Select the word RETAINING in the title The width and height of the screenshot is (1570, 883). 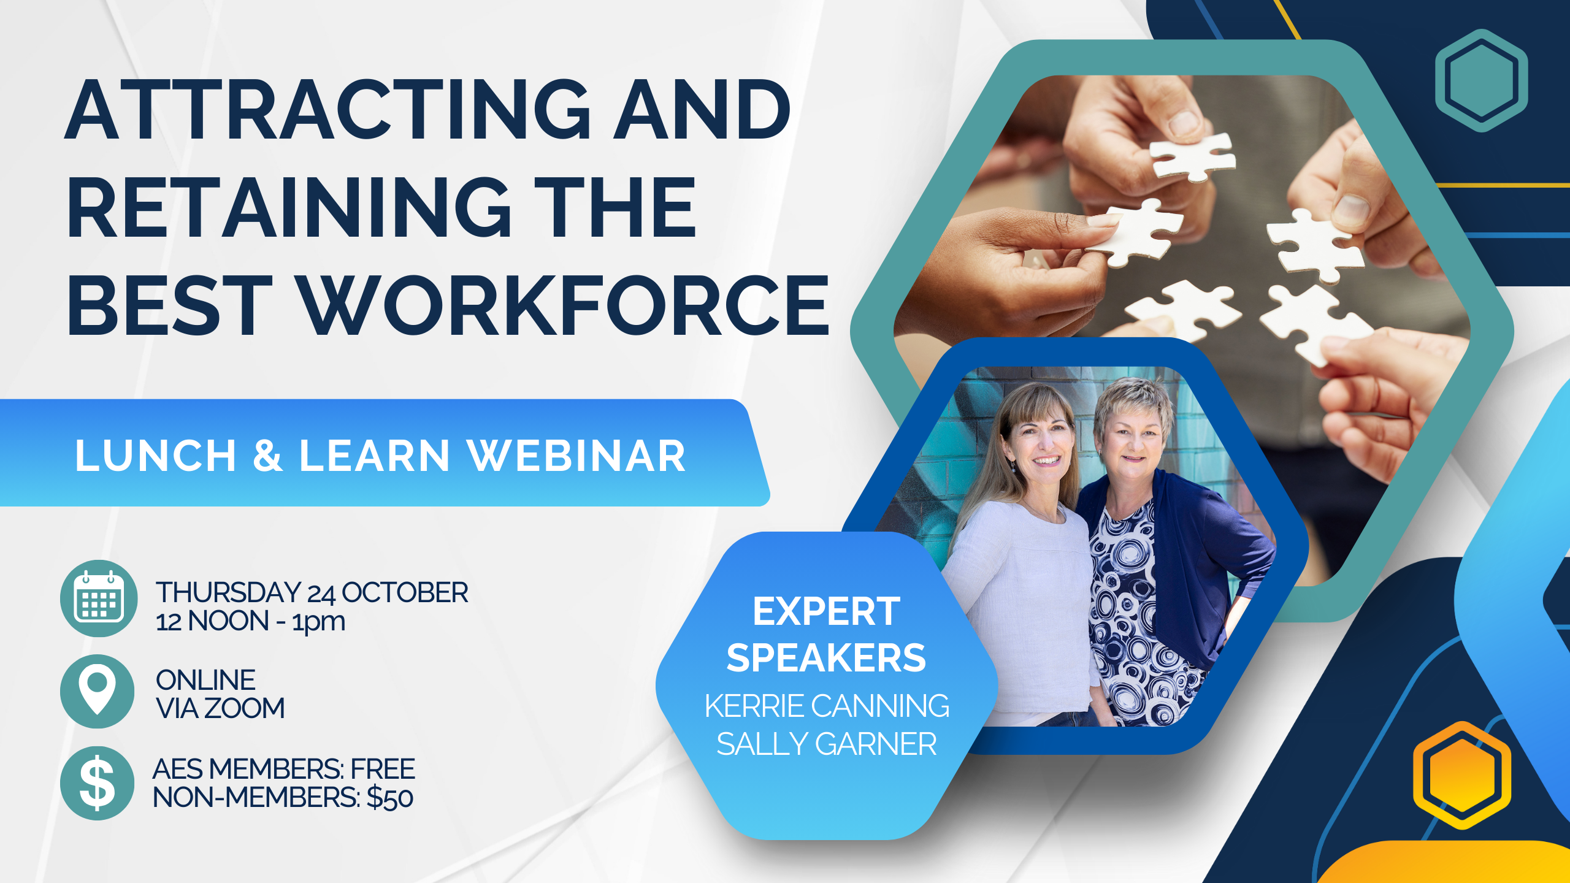point(289,207)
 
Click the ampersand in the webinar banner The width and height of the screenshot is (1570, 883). point(268,456)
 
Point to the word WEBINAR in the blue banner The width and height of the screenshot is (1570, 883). point(576,456)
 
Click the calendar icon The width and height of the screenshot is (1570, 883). point(99,598)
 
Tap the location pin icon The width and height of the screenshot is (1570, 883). point(98,691)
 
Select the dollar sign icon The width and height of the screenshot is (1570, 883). point(98,783)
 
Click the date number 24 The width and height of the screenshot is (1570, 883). point(321,594)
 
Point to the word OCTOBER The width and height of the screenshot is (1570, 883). point(405,593)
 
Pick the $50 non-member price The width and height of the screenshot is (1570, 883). point(390,798)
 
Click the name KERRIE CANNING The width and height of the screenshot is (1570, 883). point(827,706)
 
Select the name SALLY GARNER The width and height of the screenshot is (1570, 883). point(827,744)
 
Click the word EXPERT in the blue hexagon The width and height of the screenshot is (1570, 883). point(827,611)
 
